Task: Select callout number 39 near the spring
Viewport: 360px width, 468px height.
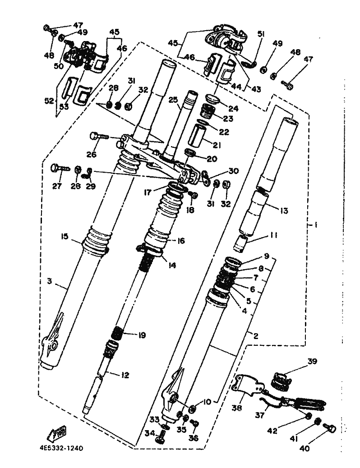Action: pyautogui.click(x=313, y=362)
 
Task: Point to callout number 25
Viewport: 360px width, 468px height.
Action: pyautogui.click(x=173, y=99)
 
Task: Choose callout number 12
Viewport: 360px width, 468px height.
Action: pyautogui.click(x=125, y=375)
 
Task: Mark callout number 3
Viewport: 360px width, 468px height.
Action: pyautogui.click(x=50, y=281)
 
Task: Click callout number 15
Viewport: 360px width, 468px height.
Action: pyautogui.click(x=64, y=236)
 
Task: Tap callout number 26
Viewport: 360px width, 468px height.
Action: pyautogui.click(x=92, y=154)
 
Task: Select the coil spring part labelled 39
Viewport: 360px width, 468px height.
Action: pyautogui.click(x=282, y=379)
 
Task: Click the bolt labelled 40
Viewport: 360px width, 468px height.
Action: pyautogui.click(x=329, y=429)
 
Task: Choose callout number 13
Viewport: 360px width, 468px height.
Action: pyautogui.click(x=284, y=211)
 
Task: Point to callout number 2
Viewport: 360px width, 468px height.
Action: pyautogui.click(x=255, y=336)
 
